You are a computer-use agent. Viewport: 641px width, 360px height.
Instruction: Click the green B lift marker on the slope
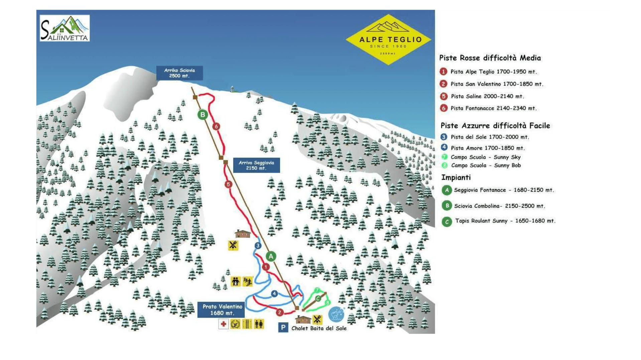click(203, 115)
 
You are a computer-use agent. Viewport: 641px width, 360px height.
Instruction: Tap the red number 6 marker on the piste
click(216, 127)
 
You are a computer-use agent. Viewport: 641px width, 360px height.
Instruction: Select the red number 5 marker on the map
click(228, 184)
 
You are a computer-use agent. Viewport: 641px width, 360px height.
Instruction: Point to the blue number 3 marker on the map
click(258, 246)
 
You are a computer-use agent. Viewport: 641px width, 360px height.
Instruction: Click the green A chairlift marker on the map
click(271, 256)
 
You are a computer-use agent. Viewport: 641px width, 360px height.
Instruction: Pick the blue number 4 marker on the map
click(274, 294)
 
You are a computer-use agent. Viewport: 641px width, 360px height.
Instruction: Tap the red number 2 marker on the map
click(280, 313)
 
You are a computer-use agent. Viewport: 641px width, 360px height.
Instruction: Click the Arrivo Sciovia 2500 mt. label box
click(179, 73)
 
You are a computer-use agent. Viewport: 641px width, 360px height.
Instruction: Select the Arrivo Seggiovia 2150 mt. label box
click(256, 165)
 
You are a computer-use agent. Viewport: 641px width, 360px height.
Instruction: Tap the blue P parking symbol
click(283, 328)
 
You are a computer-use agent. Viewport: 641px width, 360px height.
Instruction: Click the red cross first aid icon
click(223, 324)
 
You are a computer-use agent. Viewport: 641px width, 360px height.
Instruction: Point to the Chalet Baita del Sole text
click(319, 329)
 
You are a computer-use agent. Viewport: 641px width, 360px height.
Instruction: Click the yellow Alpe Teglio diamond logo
click(388, 39)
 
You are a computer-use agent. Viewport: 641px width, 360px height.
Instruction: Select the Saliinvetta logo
click(65, 28)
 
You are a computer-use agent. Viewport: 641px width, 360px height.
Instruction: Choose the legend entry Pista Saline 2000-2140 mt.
click(487, 97)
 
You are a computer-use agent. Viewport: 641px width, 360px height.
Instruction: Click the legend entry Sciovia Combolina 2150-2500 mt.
click(499, 206)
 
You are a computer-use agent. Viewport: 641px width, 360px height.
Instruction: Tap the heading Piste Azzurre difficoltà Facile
click(495, 126)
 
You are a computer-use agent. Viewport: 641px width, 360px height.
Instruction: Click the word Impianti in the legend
click(456, 178)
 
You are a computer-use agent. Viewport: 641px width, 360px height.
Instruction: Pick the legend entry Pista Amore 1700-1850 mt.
click(487, 148)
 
